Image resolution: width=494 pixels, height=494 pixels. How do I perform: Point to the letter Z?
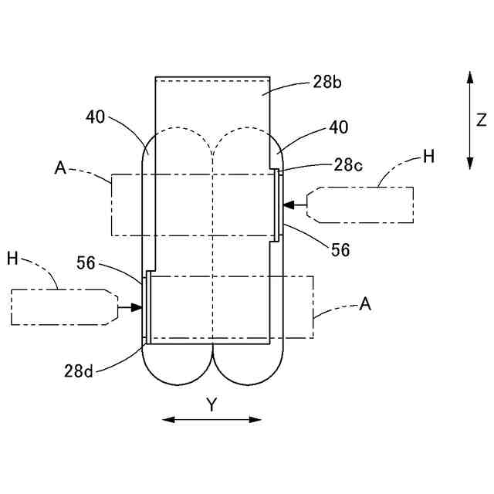[481, 120]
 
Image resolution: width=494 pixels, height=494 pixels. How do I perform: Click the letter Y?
[211, 404]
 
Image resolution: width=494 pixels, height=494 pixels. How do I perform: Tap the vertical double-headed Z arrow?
[469, 120]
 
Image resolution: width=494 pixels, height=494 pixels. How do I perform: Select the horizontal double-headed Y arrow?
[211, 419]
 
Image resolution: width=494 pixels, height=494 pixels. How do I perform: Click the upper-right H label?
[428, 157]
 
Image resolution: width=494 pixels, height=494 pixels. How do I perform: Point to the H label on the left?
[12, 259]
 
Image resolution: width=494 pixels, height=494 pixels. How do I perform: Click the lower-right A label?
[365, 304]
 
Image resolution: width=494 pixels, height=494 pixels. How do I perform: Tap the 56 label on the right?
[340, 250]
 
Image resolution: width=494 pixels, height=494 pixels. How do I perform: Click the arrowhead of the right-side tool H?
[288, 205]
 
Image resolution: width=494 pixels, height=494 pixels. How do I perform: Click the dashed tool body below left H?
[62, 307]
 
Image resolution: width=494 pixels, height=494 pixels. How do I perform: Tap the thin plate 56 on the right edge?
[279, 205]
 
